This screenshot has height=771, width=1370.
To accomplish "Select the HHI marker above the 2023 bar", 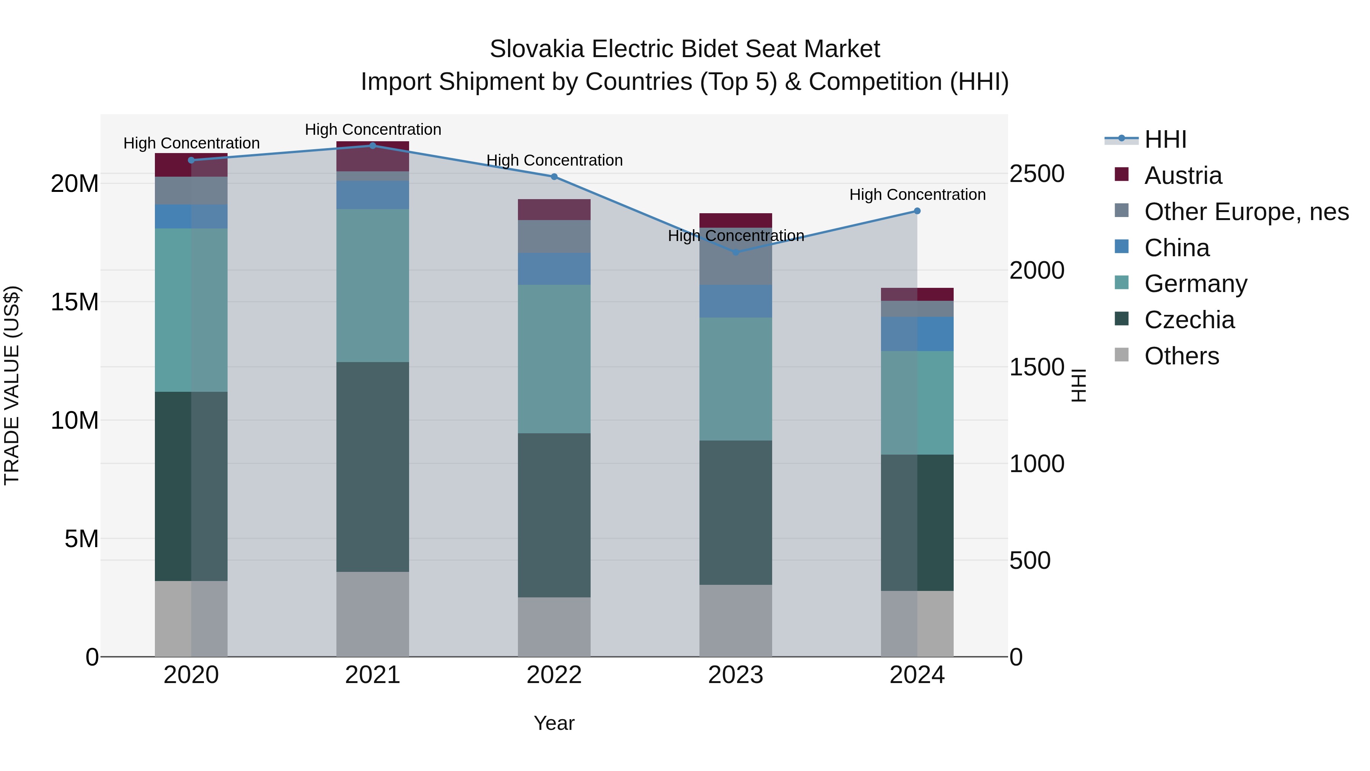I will click(x=736, y=252).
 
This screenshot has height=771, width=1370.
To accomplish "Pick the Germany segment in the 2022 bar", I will click(x=554, y=359).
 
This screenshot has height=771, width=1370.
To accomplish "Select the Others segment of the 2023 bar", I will click(x=736, y=621).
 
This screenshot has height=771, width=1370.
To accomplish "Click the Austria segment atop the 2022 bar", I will click(x=554, y=210).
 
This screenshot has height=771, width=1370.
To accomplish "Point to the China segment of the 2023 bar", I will click(x=736, y=301).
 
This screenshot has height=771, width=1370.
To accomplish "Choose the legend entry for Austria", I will click(x=1183, y=176).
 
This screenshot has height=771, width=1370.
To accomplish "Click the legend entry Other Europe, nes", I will click(x=1246, y=212).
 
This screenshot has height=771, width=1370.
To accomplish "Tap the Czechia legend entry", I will click(x=1189, y=320).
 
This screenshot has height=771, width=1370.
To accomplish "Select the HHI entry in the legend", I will click(x=1165, y=139).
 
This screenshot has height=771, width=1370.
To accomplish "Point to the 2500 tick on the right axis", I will click(x=1037, y=174).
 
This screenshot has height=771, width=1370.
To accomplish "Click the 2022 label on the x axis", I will click(x=554, y=675).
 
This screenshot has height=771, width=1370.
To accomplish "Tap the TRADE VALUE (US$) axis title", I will click(x=12, y=385).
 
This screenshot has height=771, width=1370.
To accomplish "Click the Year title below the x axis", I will click(x=554, y=723).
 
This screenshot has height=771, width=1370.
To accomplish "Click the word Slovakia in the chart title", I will click(x=537, y=49).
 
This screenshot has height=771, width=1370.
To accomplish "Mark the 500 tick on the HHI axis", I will click(x=1030, y=560).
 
